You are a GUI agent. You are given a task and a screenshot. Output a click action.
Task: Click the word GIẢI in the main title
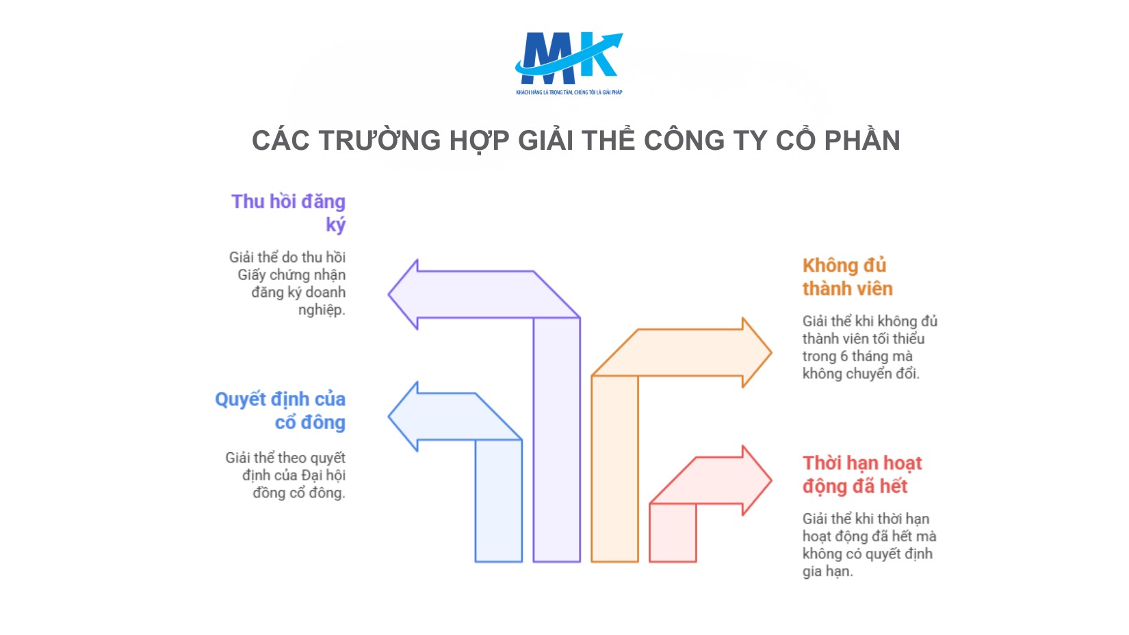(547, 141)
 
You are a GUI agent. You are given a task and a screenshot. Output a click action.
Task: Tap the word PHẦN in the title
(861, 141)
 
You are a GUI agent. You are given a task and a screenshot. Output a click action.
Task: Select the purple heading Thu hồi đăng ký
(289, 213)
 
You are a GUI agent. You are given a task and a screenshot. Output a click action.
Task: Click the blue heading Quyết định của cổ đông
(281, 411)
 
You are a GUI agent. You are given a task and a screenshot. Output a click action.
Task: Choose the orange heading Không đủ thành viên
(847, 277)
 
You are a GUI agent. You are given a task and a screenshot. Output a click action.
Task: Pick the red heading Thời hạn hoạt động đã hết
(862, 474)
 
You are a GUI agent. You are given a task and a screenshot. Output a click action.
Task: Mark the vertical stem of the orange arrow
(614, 472)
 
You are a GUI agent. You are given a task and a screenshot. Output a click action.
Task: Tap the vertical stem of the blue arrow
(499, 503)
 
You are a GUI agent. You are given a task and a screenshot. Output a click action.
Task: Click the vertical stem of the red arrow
(673, 534)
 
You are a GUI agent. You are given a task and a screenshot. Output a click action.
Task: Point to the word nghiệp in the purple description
(321, 310)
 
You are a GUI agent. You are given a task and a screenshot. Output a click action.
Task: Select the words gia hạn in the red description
(827, 571)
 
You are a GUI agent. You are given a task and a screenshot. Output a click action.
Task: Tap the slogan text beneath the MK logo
(569, 92)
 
